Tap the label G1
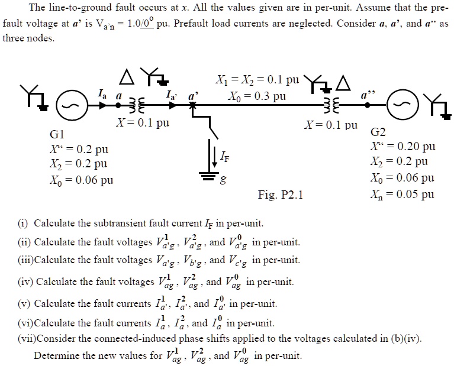click(60, 134)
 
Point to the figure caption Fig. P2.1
click(281, 194)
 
